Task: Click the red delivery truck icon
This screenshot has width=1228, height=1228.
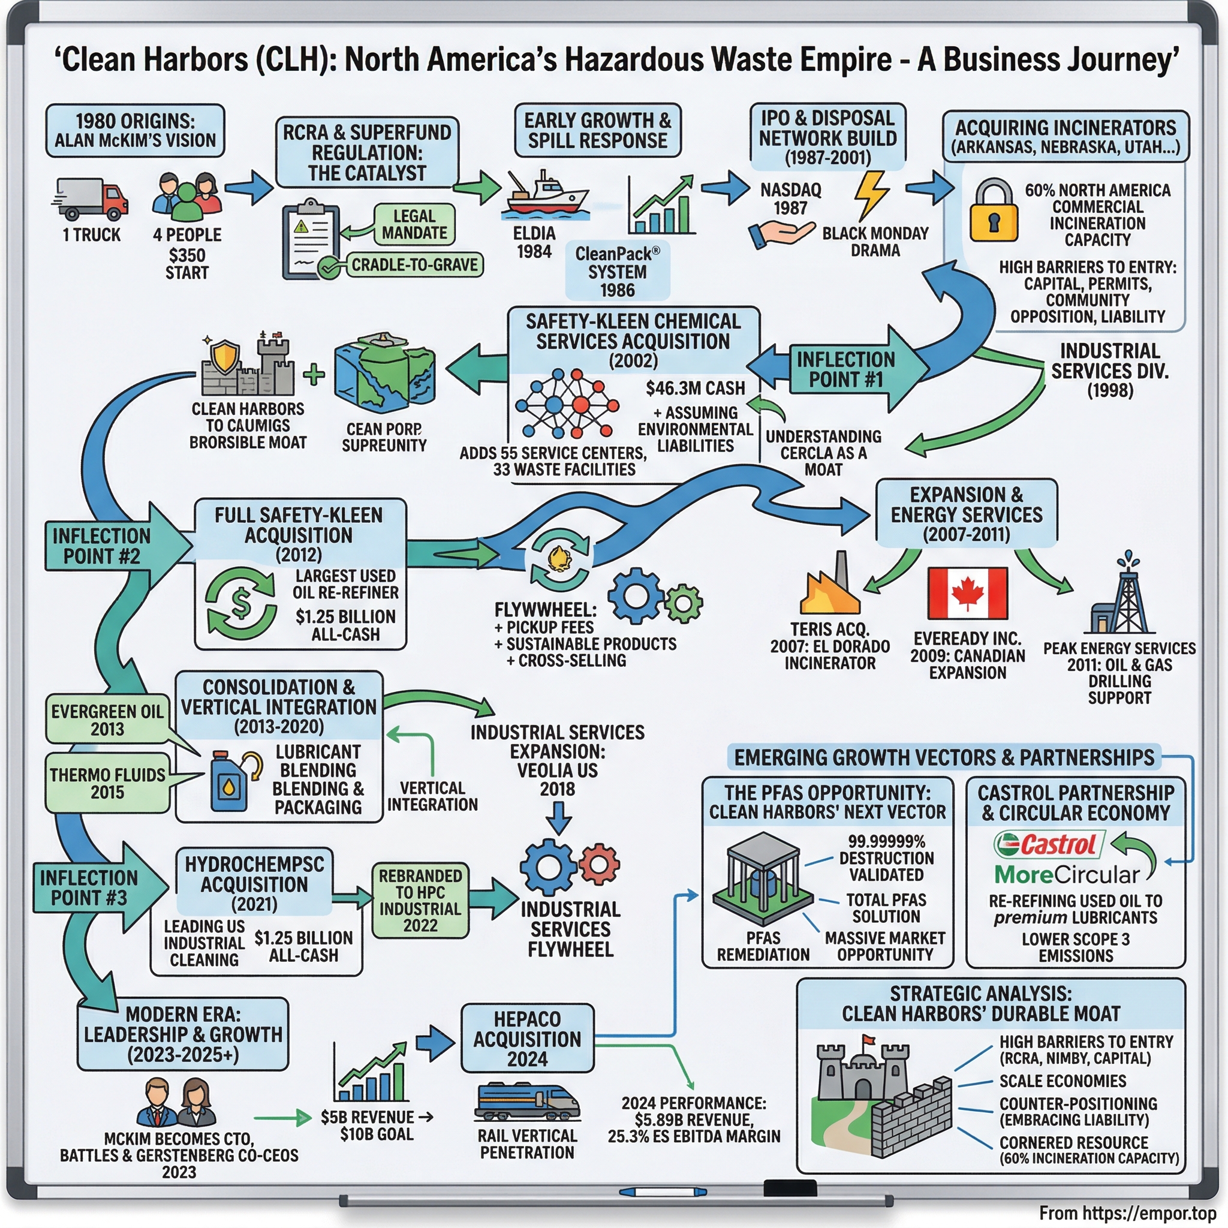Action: coord(91,198)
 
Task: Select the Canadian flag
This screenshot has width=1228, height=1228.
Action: coord(967,593)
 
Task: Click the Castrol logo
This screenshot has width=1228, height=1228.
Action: coord(1049,845)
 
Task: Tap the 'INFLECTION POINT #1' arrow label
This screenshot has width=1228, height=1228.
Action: coord(845,369)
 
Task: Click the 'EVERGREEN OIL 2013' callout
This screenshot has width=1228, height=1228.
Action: coord(107,720)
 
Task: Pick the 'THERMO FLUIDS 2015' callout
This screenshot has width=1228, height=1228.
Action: coord(107,783)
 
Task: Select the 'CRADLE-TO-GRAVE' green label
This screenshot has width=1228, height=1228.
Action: coord(414,264)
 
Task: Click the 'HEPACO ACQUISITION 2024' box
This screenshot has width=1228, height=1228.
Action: coord(527,1039)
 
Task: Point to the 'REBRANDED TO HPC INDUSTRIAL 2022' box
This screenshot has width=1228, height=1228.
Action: coord(420,900)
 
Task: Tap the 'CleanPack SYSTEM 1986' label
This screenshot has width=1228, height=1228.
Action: coord(617,272)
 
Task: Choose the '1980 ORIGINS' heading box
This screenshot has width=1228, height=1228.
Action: coord(135,131)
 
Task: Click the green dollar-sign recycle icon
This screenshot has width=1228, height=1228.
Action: coord(241,603)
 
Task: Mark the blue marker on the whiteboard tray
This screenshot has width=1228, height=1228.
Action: coord(663,1192)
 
